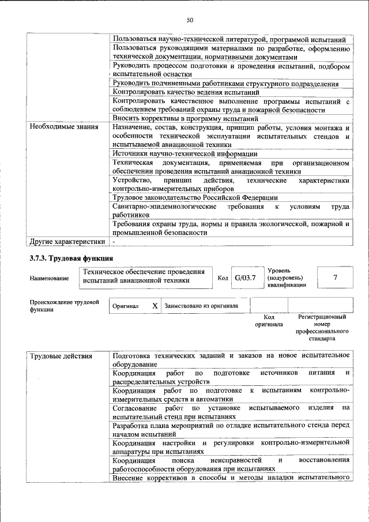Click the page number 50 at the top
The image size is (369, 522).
click(x=189, y=21)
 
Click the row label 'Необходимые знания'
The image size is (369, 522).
click(x=64, y=126)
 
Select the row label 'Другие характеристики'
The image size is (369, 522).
click(x=67, y=242)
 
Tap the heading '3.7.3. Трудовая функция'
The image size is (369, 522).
click(x=71, y=258)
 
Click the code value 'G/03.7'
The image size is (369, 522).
click(x=244, y=278)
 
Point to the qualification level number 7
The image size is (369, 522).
click(x=335, y=277)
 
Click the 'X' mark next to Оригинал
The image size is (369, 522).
click(x=155, y=306)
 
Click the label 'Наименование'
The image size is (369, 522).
click(x=49, y=279)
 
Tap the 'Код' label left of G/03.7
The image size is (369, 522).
click(x=223, y=279)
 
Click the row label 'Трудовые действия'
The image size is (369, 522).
click(x=61, y=356)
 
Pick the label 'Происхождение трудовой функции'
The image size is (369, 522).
click(x=64, y=306)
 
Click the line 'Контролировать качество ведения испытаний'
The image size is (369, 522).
click(x=186, y=92)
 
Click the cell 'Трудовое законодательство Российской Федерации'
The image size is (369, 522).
click(x=195, y=197)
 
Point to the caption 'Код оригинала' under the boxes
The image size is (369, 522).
click(x=269, y=321)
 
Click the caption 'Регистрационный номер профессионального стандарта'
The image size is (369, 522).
click(x=322, y=328)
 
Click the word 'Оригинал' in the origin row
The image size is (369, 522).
click(x=125, y=306)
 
